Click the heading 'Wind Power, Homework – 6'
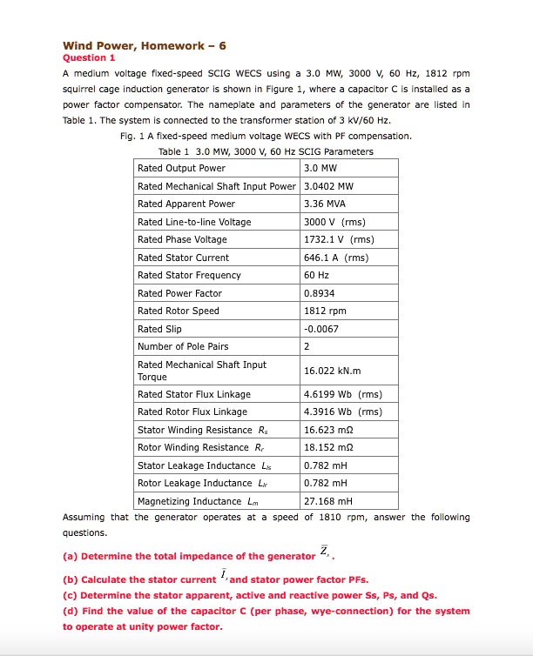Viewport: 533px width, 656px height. click(x=145, y=45)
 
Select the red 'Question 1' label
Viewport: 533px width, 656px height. click(x=89, y=58)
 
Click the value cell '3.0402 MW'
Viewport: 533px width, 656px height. click(x=328, y=186)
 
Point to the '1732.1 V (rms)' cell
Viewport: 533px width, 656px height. click(x=339, y=239)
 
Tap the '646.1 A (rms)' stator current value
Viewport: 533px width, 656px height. click(x=335, y=258)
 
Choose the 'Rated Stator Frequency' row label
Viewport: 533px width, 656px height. click(x=189, y=275)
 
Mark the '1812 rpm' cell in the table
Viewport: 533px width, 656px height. click(x=325, y=311)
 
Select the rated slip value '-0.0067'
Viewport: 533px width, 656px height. click(x=325, y=329)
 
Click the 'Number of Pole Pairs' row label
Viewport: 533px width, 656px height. click(x=183, y=346)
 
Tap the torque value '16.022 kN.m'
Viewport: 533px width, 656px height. click(x=332, y=371)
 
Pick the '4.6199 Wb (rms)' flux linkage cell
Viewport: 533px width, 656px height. click(x=342, y=394)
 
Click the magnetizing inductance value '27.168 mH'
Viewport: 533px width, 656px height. click(x=327, y=501)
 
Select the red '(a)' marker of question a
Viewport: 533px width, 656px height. click(x=70, y=556)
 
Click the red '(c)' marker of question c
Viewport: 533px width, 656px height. click(x=70, y=596)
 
